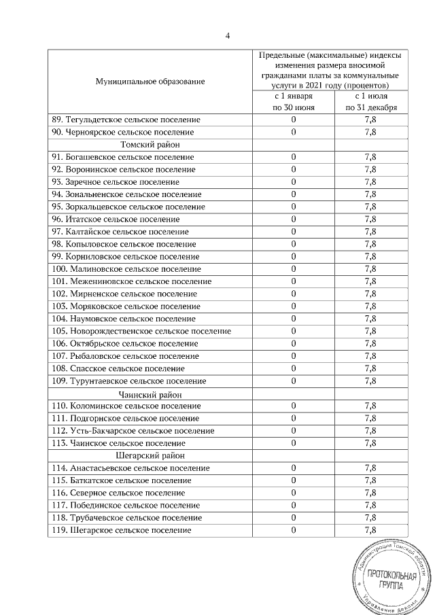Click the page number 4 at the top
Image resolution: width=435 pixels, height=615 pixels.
[x=227, y=36]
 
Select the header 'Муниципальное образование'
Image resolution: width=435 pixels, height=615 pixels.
[x=150, y=82]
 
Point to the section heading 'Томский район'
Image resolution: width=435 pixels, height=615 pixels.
[x=150, y=145]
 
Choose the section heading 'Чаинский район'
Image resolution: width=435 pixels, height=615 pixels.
[x=150, y=393]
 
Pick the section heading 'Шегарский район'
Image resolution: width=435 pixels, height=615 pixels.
[x=150, y=455]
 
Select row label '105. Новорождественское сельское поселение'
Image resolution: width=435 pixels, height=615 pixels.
[x=141, y=331]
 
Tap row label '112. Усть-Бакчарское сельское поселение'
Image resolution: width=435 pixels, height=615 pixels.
[x=133, y=431]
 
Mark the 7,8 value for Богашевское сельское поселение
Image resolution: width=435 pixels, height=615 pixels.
[x=370, y=157]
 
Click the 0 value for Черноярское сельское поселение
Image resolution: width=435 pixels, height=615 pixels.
[x=294, y=132]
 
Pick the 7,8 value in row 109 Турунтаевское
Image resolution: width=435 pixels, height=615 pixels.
[x=370, y=381]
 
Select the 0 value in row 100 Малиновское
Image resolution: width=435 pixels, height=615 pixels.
[x=294, y=269]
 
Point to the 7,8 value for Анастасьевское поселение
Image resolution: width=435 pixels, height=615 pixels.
[x=370, y=468]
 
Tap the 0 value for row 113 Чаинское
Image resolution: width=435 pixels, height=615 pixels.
[x=294, y=443]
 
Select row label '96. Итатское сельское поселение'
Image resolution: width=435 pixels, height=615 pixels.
[x=116, y=219]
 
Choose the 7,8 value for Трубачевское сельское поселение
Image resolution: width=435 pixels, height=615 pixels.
[x=370, y=518]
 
